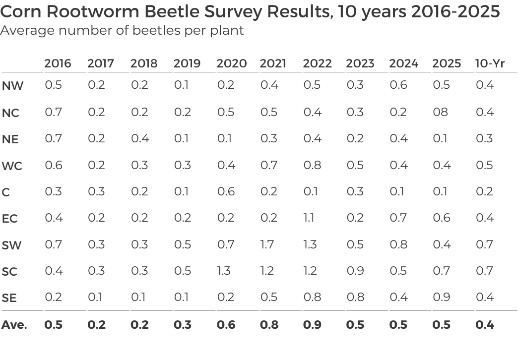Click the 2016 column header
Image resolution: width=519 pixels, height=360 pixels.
(x=58, y=63)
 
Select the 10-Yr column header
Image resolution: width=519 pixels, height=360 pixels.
(x=490, y=63)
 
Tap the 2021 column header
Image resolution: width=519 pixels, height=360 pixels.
(x=273, y=63)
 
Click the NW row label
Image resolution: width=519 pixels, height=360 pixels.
(x=12, y=86)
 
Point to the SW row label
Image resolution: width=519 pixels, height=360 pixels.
(x=12, y=245)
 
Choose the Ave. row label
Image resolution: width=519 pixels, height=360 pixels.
(x=14, y=325)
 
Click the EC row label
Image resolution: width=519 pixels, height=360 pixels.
(x=10, y=219)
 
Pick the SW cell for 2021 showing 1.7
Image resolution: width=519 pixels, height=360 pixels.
(x=267, y=244)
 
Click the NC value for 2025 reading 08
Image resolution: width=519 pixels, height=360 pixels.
(x=440, y=112)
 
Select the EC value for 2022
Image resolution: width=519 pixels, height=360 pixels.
(x=308, y=218)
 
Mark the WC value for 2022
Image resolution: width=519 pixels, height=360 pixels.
(x=312, y=165)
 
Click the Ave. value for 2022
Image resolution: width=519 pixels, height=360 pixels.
(x=312, y=325)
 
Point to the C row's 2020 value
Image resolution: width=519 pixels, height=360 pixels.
(x=226, y=191)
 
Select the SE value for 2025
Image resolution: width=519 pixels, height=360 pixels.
(x=441, y=297)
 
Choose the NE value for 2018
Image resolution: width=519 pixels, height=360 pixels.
(x=139, y=138)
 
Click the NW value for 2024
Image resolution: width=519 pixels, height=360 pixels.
(x=398, y=85)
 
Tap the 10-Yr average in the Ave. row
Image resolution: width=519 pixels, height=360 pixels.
(x=485, y=325)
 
